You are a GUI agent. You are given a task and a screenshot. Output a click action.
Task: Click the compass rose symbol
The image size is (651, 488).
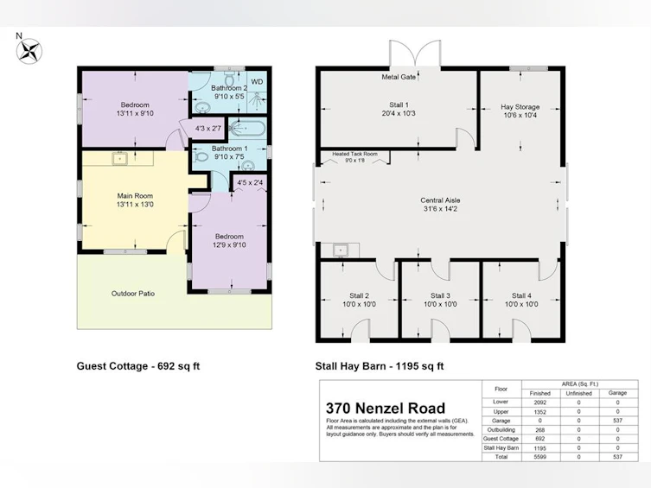(29, 52)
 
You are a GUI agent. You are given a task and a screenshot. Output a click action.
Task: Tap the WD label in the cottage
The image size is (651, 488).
(257, 82)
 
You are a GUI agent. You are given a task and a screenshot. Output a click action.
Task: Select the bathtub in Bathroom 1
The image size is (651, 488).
(247, 128)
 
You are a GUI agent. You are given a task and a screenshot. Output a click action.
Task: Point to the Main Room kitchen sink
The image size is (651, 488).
(119, 158)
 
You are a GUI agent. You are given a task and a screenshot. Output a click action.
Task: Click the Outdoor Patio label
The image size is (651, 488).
(133, 294)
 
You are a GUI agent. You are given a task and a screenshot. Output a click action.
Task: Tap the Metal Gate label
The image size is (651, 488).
(399, 77)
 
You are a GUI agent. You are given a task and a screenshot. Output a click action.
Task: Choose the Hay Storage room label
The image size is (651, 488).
(520, 106)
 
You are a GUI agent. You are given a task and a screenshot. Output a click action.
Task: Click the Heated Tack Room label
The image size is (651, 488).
(355, 154)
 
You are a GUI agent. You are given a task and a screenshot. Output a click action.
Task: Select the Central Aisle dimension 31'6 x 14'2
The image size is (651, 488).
(440, 209)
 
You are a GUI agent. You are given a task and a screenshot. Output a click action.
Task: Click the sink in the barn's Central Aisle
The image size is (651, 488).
(341, 250)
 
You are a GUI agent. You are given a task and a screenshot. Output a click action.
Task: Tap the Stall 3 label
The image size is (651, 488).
(440, 295)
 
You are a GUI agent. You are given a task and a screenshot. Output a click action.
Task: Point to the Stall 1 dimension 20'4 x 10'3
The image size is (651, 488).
(399, 113)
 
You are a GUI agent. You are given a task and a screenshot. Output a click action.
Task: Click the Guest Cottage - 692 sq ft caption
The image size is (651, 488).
(138, 366)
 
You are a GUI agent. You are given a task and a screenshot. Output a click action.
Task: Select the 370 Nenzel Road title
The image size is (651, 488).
(386, 409)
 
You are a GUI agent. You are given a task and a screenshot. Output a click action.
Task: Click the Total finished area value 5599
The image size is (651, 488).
(540, 457)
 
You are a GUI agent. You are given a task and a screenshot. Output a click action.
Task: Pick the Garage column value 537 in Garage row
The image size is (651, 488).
(617, 421)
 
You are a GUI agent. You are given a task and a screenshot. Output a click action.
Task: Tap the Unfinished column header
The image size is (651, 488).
(578, 393)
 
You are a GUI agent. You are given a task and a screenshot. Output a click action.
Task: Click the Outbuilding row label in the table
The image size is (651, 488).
(501, 430)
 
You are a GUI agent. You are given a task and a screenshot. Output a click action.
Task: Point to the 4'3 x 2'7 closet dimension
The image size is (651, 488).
(208, 129)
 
